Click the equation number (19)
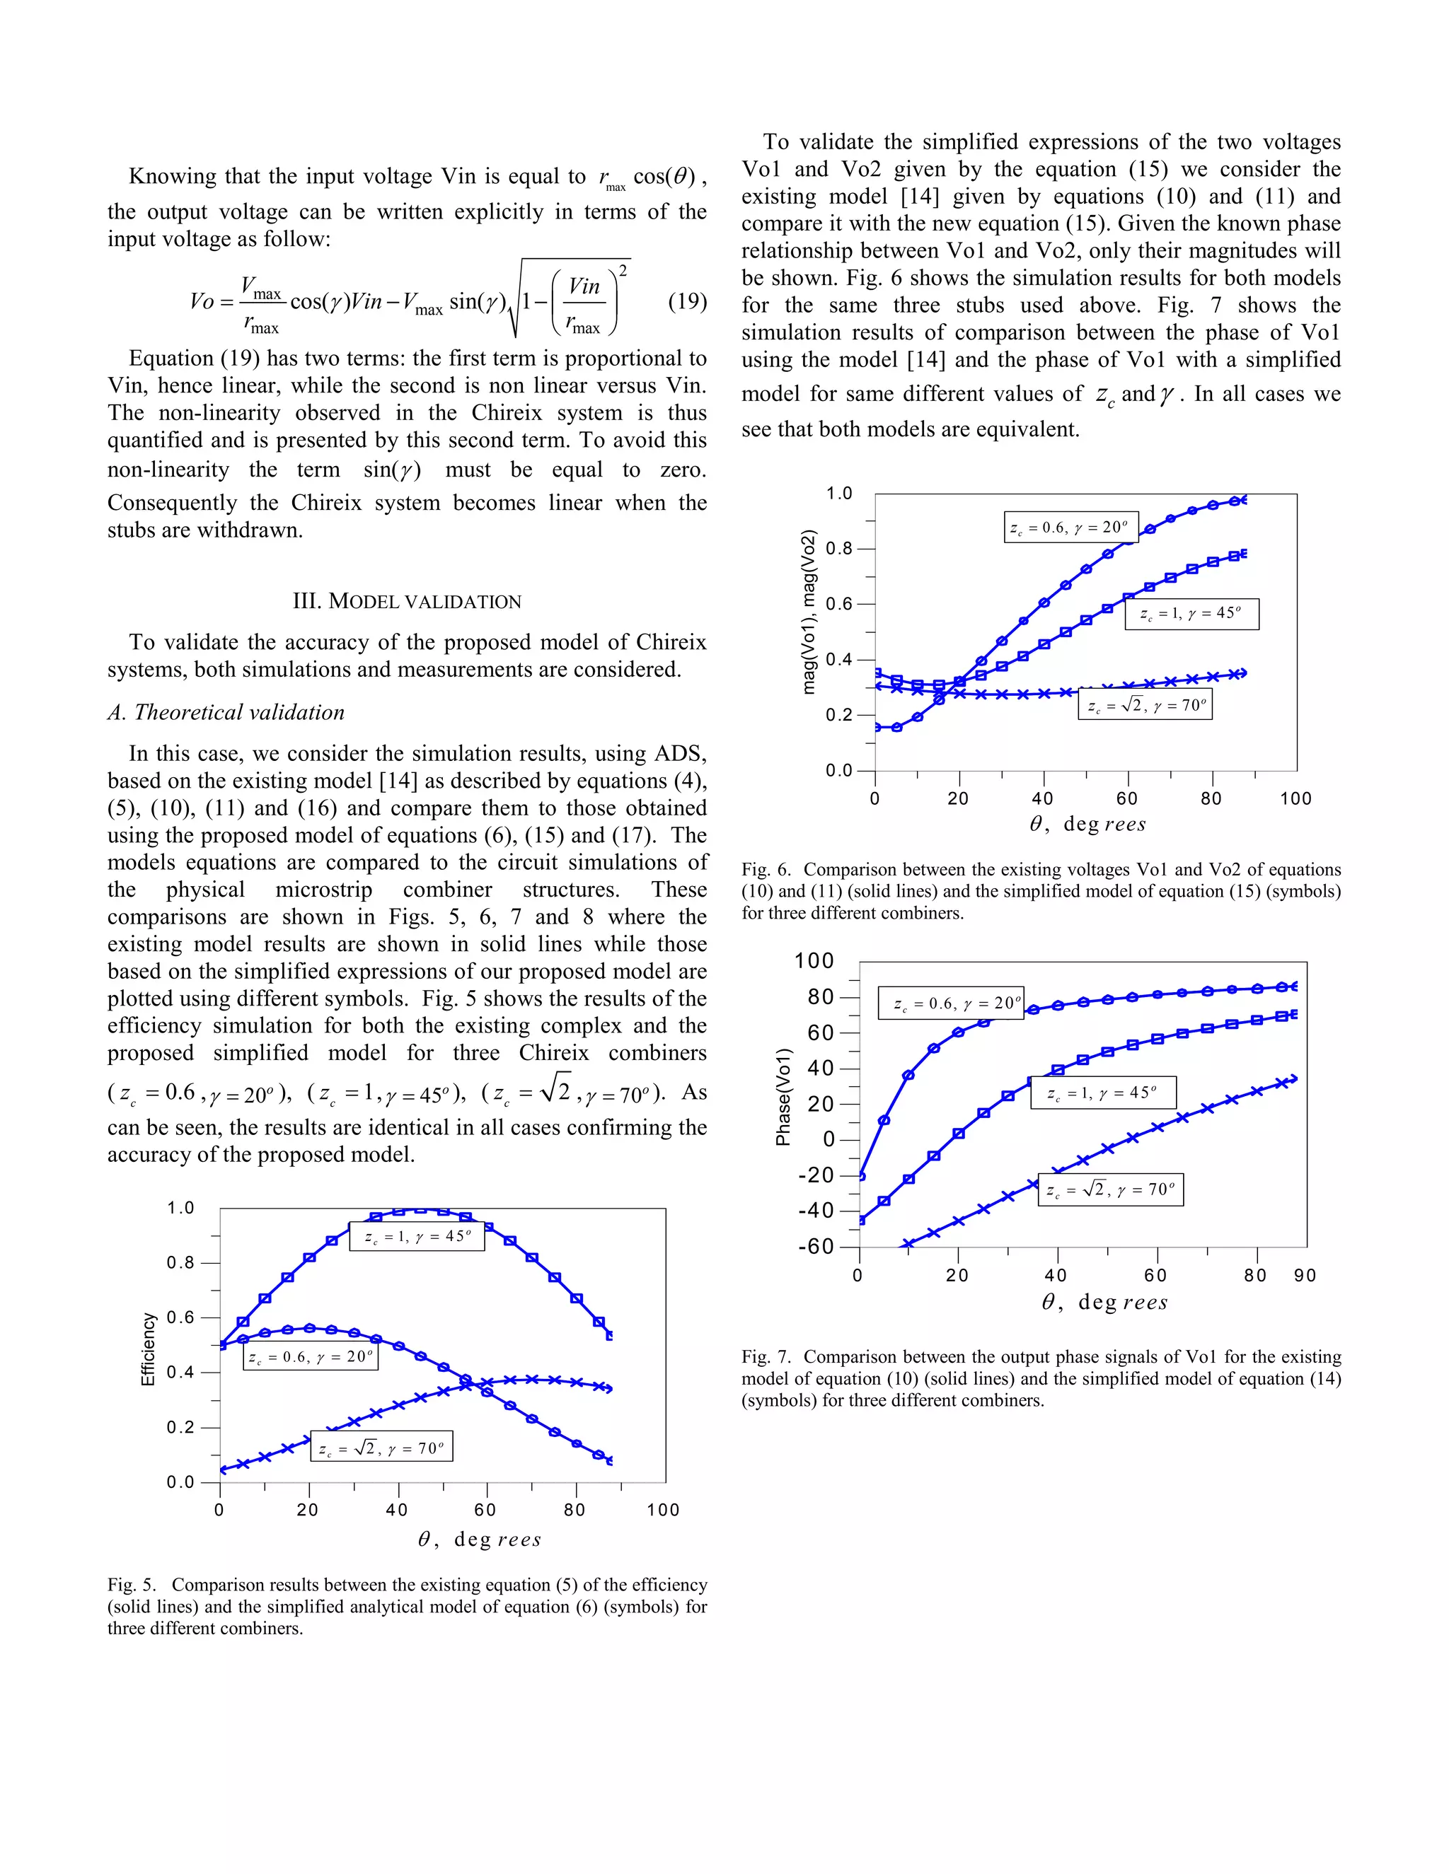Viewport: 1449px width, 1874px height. coord(687,302)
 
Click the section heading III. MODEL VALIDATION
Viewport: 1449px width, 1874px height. coord(407,602)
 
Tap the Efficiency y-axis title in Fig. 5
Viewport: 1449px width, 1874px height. coord(148,1349)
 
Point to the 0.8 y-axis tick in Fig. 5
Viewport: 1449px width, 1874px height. coord(181,1263)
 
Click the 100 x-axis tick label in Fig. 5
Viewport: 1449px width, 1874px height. coord(663,1511)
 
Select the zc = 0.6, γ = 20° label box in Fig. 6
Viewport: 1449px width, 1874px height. coord(1070,528)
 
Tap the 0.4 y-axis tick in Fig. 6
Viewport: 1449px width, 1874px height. coord(840,660)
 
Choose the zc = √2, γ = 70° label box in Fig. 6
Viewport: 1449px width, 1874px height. coord(1145,705)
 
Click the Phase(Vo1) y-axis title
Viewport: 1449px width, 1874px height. coord(783,1097)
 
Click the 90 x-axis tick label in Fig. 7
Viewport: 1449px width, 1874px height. coord(1305,1276)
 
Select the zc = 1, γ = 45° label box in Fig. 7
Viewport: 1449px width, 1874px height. coord(1102,1093)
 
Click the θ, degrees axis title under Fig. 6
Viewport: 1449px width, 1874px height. coord(1087,825)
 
